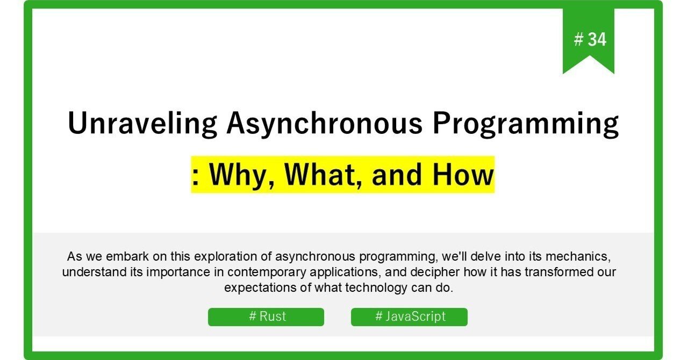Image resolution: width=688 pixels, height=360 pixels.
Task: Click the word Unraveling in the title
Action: [142, 124]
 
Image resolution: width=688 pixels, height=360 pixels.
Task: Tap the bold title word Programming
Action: [526, 124]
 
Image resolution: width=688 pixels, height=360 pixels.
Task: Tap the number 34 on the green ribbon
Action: [597, 39]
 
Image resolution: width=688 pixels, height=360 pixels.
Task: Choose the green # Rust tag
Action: [266, 316]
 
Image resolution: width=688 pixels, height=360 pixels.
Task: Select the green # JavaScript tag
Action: [409, 316]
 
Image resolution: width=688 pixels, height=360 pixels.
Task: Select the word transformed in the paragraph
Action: [543, 272]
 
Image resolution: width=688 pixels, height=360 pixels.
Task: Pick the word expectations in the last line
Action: [261, 287]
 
